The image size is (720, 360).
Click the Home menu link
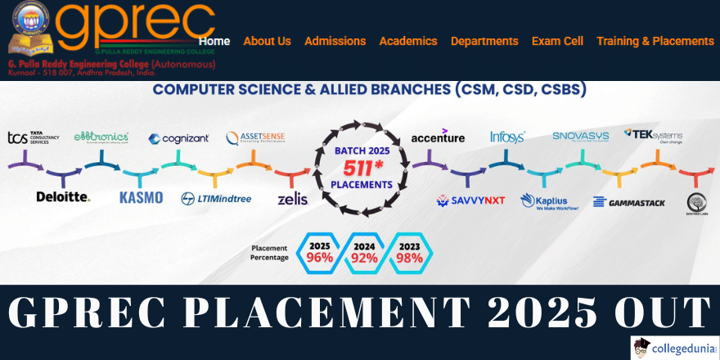(214, 41)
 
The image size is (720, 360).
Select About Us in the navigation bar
(267, 41)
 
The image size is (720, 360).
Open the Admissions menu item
(335, 41)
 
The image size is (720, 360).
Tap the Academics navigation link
(408, 41)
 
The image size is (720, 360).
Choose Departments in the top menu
(484, 41)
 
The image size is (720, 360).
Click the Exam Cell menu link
(557, 41)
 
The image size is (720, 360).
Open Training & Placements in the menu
(655, 41)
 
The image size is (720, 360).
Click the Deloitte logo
(63, 197)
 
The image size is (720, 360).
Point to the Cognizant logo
(178, 139)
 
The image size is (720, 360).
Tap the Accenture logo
(438, 137)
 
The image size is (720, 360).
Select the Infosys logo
(507, 137)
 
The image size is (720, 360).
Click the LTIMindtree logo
(216, 198)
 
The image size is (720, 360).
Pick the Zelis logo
(292, 199)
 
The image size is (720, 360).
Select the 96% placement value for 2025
(320, 258)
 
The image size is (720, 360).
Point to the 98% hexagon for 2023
(409, 258)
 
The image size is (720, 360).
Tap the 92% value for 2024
(365, 258)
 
